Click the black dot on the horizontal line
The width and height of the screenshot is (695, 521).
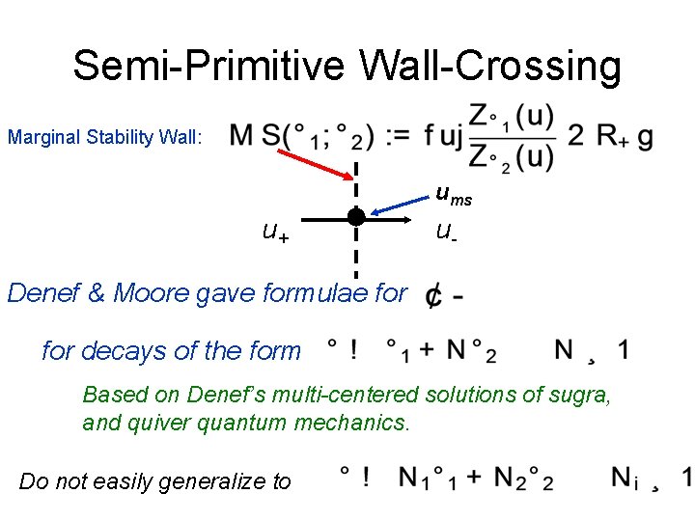(356, 217)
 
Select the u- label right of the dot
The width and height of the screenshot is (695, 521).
(445, 231)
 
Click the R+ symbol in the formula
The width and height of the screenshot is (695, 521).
(612, 137)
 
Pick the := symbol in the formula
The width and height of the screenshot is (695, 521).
(396, 137)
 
